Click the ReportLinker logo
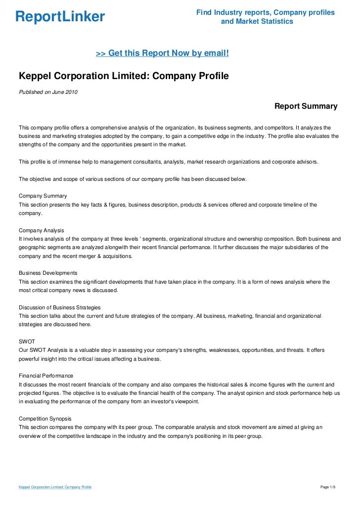tap(60, 17)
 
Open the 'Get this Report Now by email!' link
tap(162, 52)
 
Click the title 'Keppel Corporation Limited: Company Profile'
tap(124, 77)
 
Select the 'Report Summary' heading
tap(306, 106)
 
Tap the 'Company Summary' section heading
tap(43, 196)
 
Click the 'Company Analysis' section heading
tap(41, 230)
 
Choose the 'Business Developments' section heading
tap(47, 273)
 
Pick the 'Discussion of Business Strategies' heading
tap(59, 307)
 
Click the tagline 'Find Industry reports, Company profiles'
tap(265, 12)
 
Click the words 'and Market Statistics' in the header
tap(257, 22)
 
